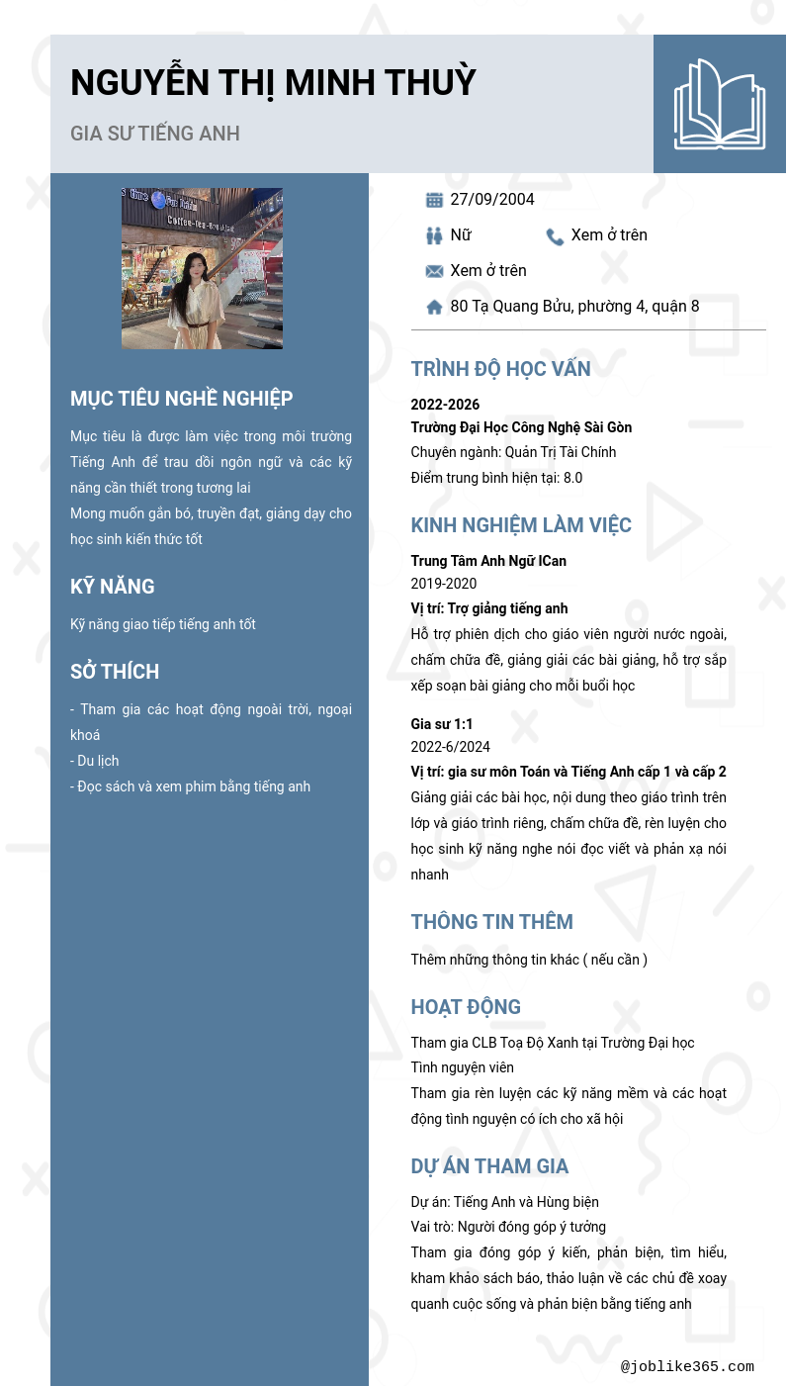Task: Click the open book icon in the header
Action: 720,104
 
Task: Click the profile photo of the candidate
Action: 202,268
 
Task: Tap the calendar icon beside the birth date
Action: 434,200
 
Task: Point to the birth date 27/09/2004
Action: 492,200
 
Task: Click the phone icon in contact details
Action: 555,236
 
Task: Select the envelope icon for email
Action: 434,271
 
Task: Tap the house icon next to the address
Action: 434,307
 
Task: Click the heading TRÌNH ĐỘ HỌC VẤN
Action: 500,369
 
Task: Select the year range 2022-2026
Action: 445,405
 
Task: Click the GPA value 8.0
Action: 572,478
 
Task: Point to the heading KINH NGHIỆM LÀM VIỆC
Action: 521,525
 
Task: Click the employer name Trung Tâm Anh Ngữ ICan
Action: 488,561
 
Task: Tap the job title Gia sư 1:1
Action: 442,724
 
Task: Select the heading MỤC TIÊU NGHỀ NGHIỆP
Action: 181,399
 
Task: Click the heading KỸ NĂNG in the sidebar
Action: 113,587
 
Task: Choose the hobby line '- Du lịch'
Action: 95,761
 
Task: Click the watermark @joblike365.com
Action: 687,1367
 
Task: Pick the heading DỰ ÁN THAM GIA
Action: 489,1166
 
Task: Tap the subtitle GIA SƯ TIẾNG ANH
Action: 155,134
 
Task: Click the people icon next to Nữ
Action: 434,235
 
